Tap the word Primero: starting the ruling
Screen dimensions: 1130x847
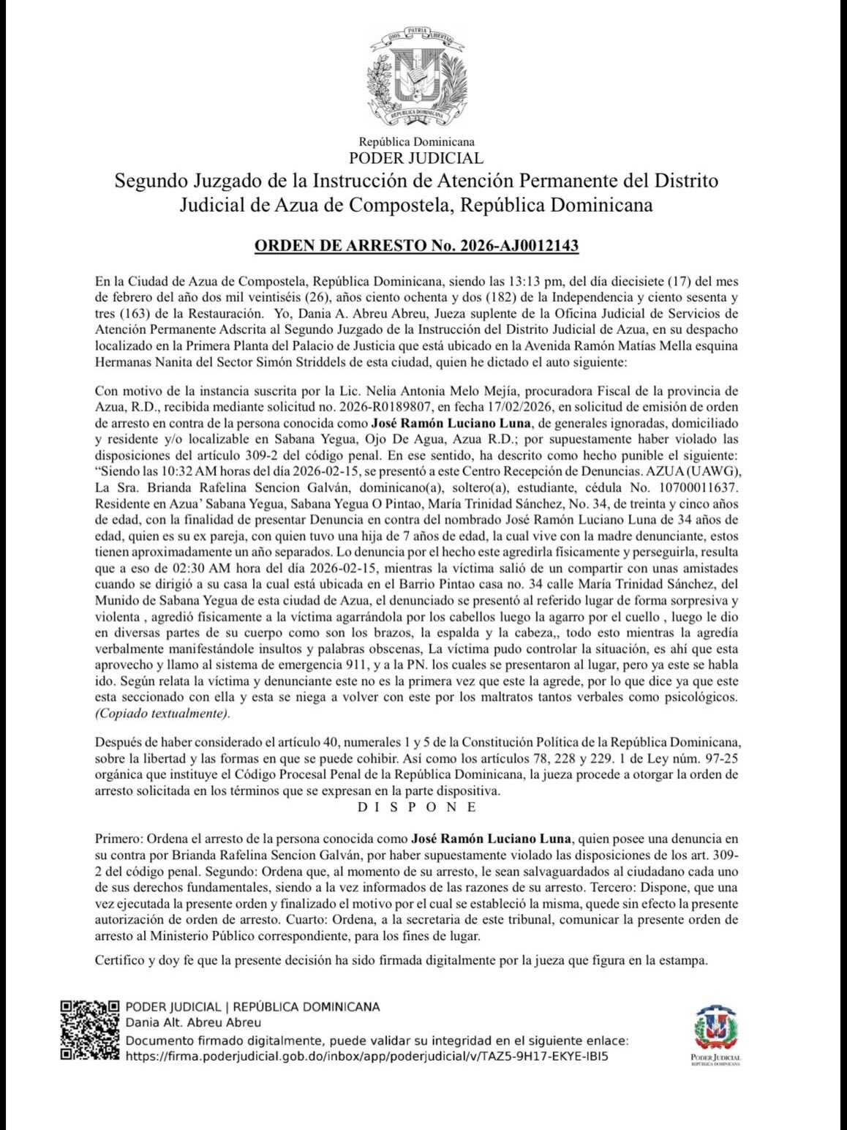coord(118,839)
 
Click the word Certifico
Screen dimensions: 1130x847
coord(119,960)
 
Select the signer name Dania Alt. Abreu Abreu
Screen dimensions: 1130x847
coord(193,1022)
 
